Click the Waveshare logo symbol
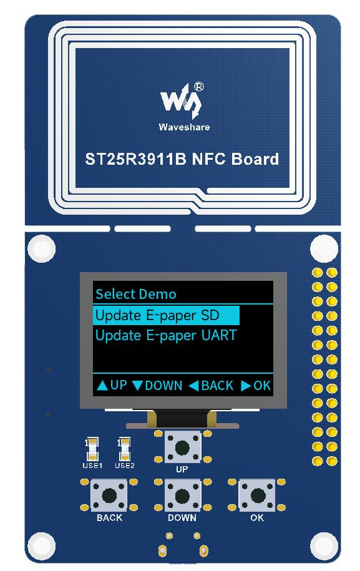[180, 101]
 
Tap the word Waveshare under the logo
[184, 127]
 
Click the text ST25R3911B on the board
[135, 159]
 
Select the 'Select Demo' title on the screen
[136, 294]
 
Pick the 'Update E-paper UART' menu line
[166, 335]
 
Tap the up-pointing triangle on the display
[103, 386]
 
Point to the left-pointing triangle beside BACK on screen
[194, 386]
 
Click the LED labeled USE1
[93, 449]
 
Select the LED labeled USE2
[125, 449]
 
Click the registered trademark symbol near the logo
[199, 87]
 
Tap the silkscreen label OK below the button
[257, 518]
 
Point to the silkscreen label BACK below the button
[109, 518]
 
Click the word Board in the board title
[255, 159]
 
